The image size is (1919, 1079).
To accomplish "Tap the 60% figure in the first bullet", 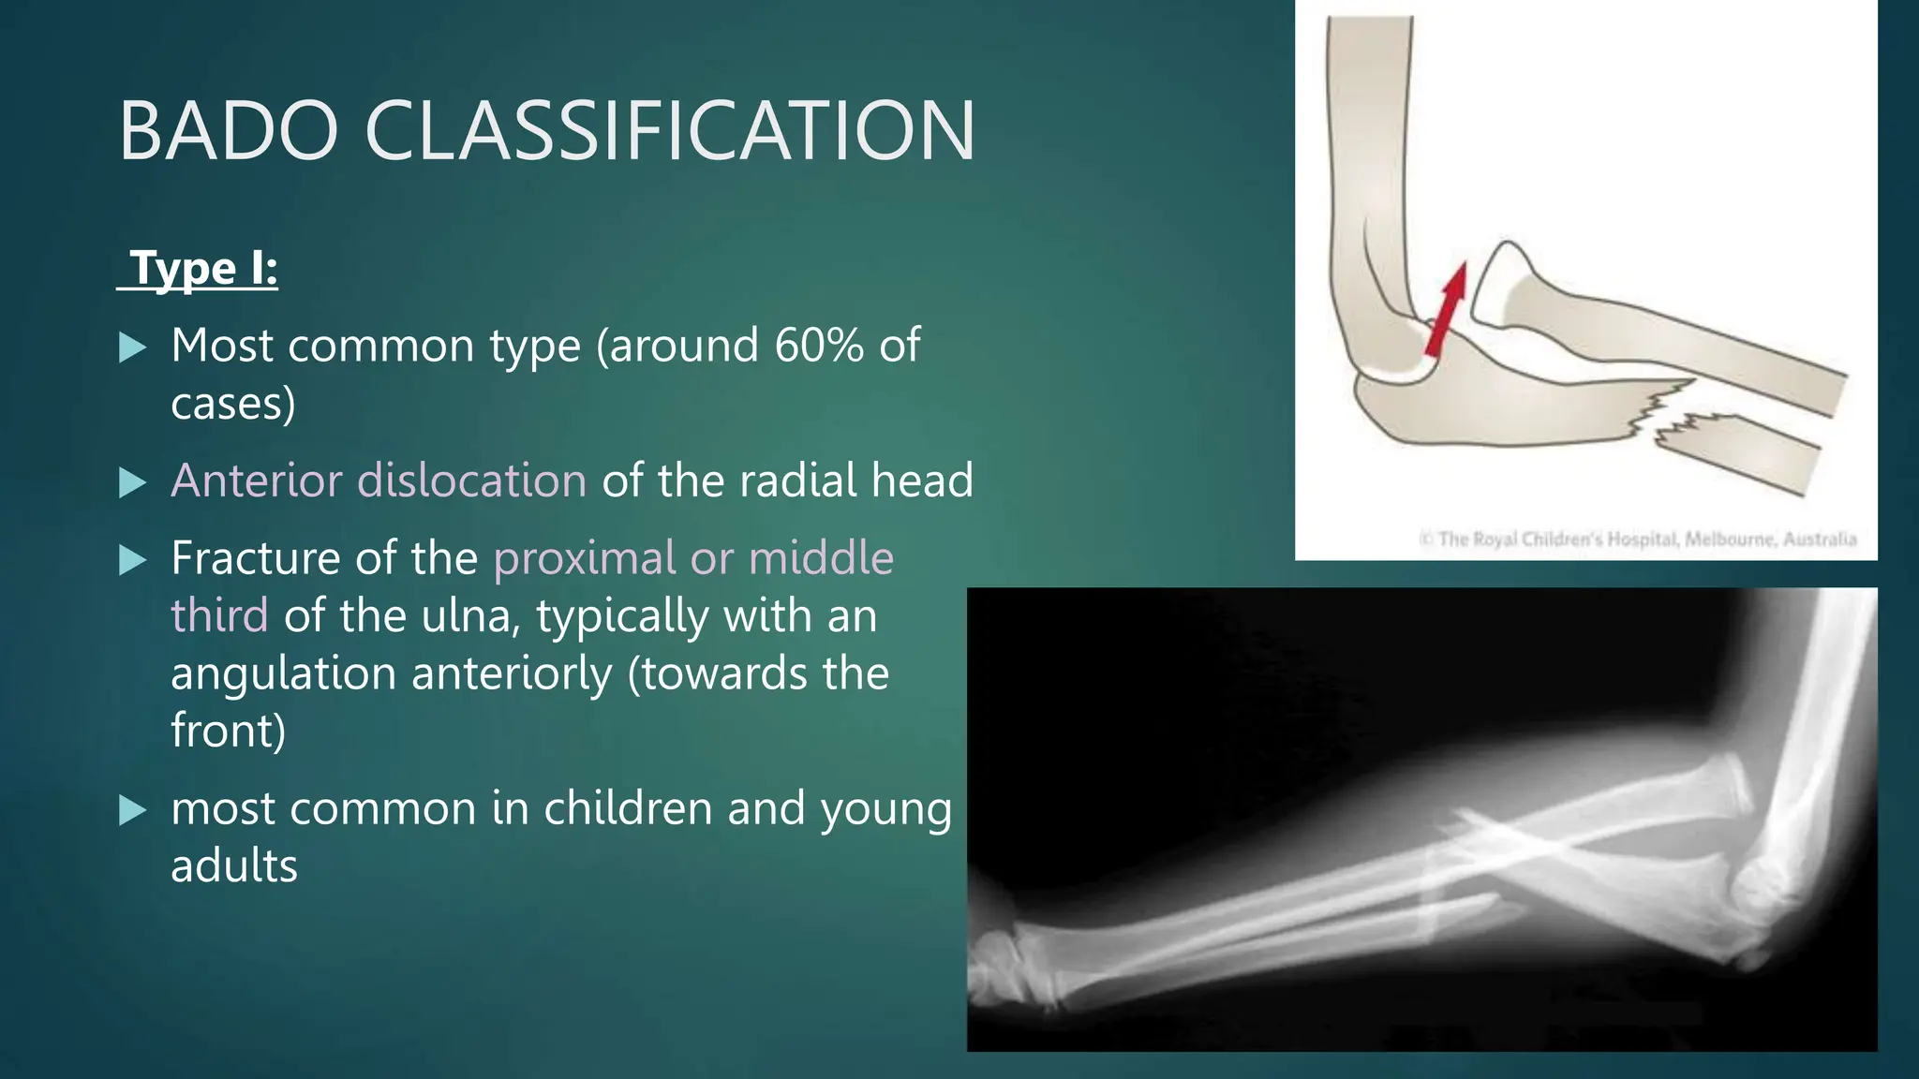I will coord(819,346).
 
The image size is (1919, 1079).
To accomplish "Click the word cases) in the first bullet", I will coord(233,404).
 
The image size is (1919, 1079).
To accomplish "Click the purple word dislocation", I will coord(472,480).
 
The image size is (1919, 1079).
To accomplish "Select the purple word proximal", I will coord(584,558).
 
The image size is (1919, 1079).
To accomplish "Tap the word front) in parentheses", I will coord(228,731).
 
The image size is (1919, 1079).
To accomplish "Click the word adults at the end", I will coord(234,866).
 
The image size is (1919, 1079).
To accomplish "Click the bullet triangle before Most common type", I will coord(134,347).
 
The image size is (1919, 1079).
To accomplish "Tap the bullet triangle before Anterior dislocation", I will coord(134,482).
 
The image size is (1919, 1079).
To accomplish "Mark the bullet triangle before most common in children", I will coord(134,810).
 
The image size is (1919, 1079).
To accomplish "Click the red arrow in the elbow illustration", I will coord(1446,309).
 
